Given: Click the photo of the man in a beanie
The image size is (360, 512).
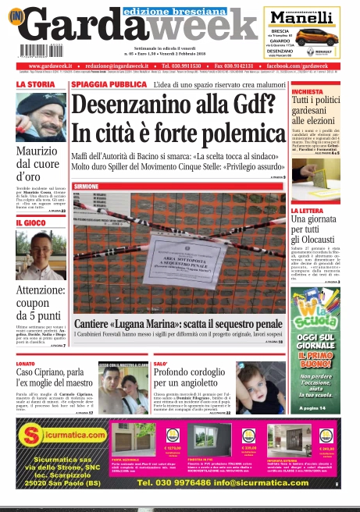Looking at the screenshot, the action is [41, 116].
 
